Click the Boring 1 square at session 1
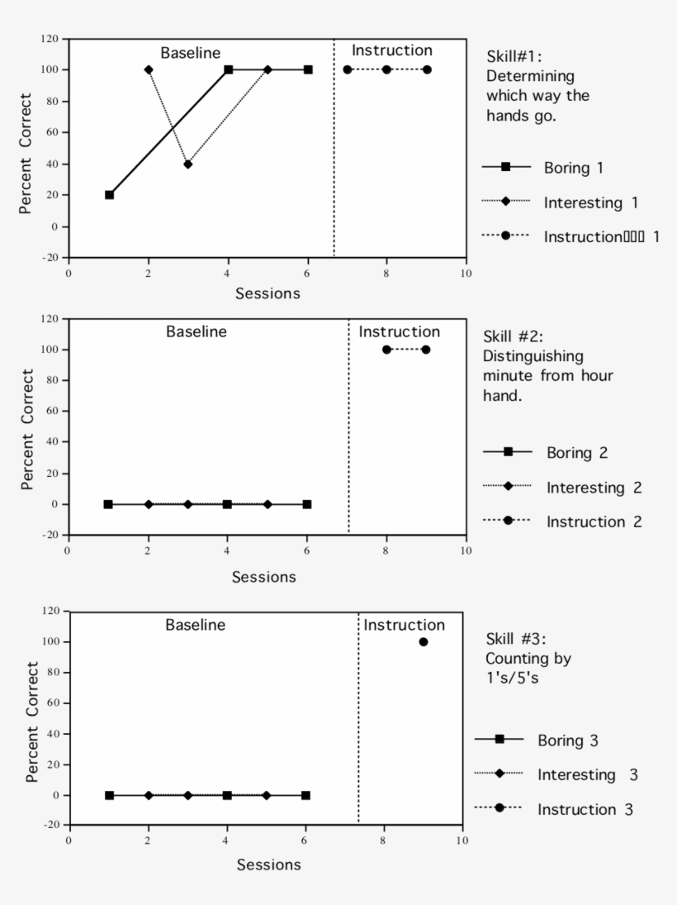click(109, 195)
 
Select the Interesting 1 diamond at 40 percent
click(188, 164)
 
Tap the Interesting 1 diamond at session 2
click(149, 69)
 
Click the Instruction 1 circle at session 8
click(386, 69)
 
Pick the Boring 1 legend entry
click(573, 168)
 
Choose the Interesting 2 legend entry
click(593, 488)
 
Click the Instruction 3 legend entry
click(585, 809)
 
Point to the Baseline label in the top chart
click(190, 53)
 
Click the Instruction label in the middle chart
click(399, 331)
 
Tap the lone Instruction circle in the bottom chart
click(424, 641)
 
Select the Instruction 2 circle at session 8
click(386, 350)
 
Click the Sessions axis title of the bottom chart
click(268, 865)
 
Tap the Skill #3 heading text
click(516, 640)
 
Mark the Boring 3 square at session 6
click(305, 795)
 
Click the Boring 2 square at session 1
click(108, 504)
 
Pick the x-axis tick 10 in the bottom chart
click(462, 841)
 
